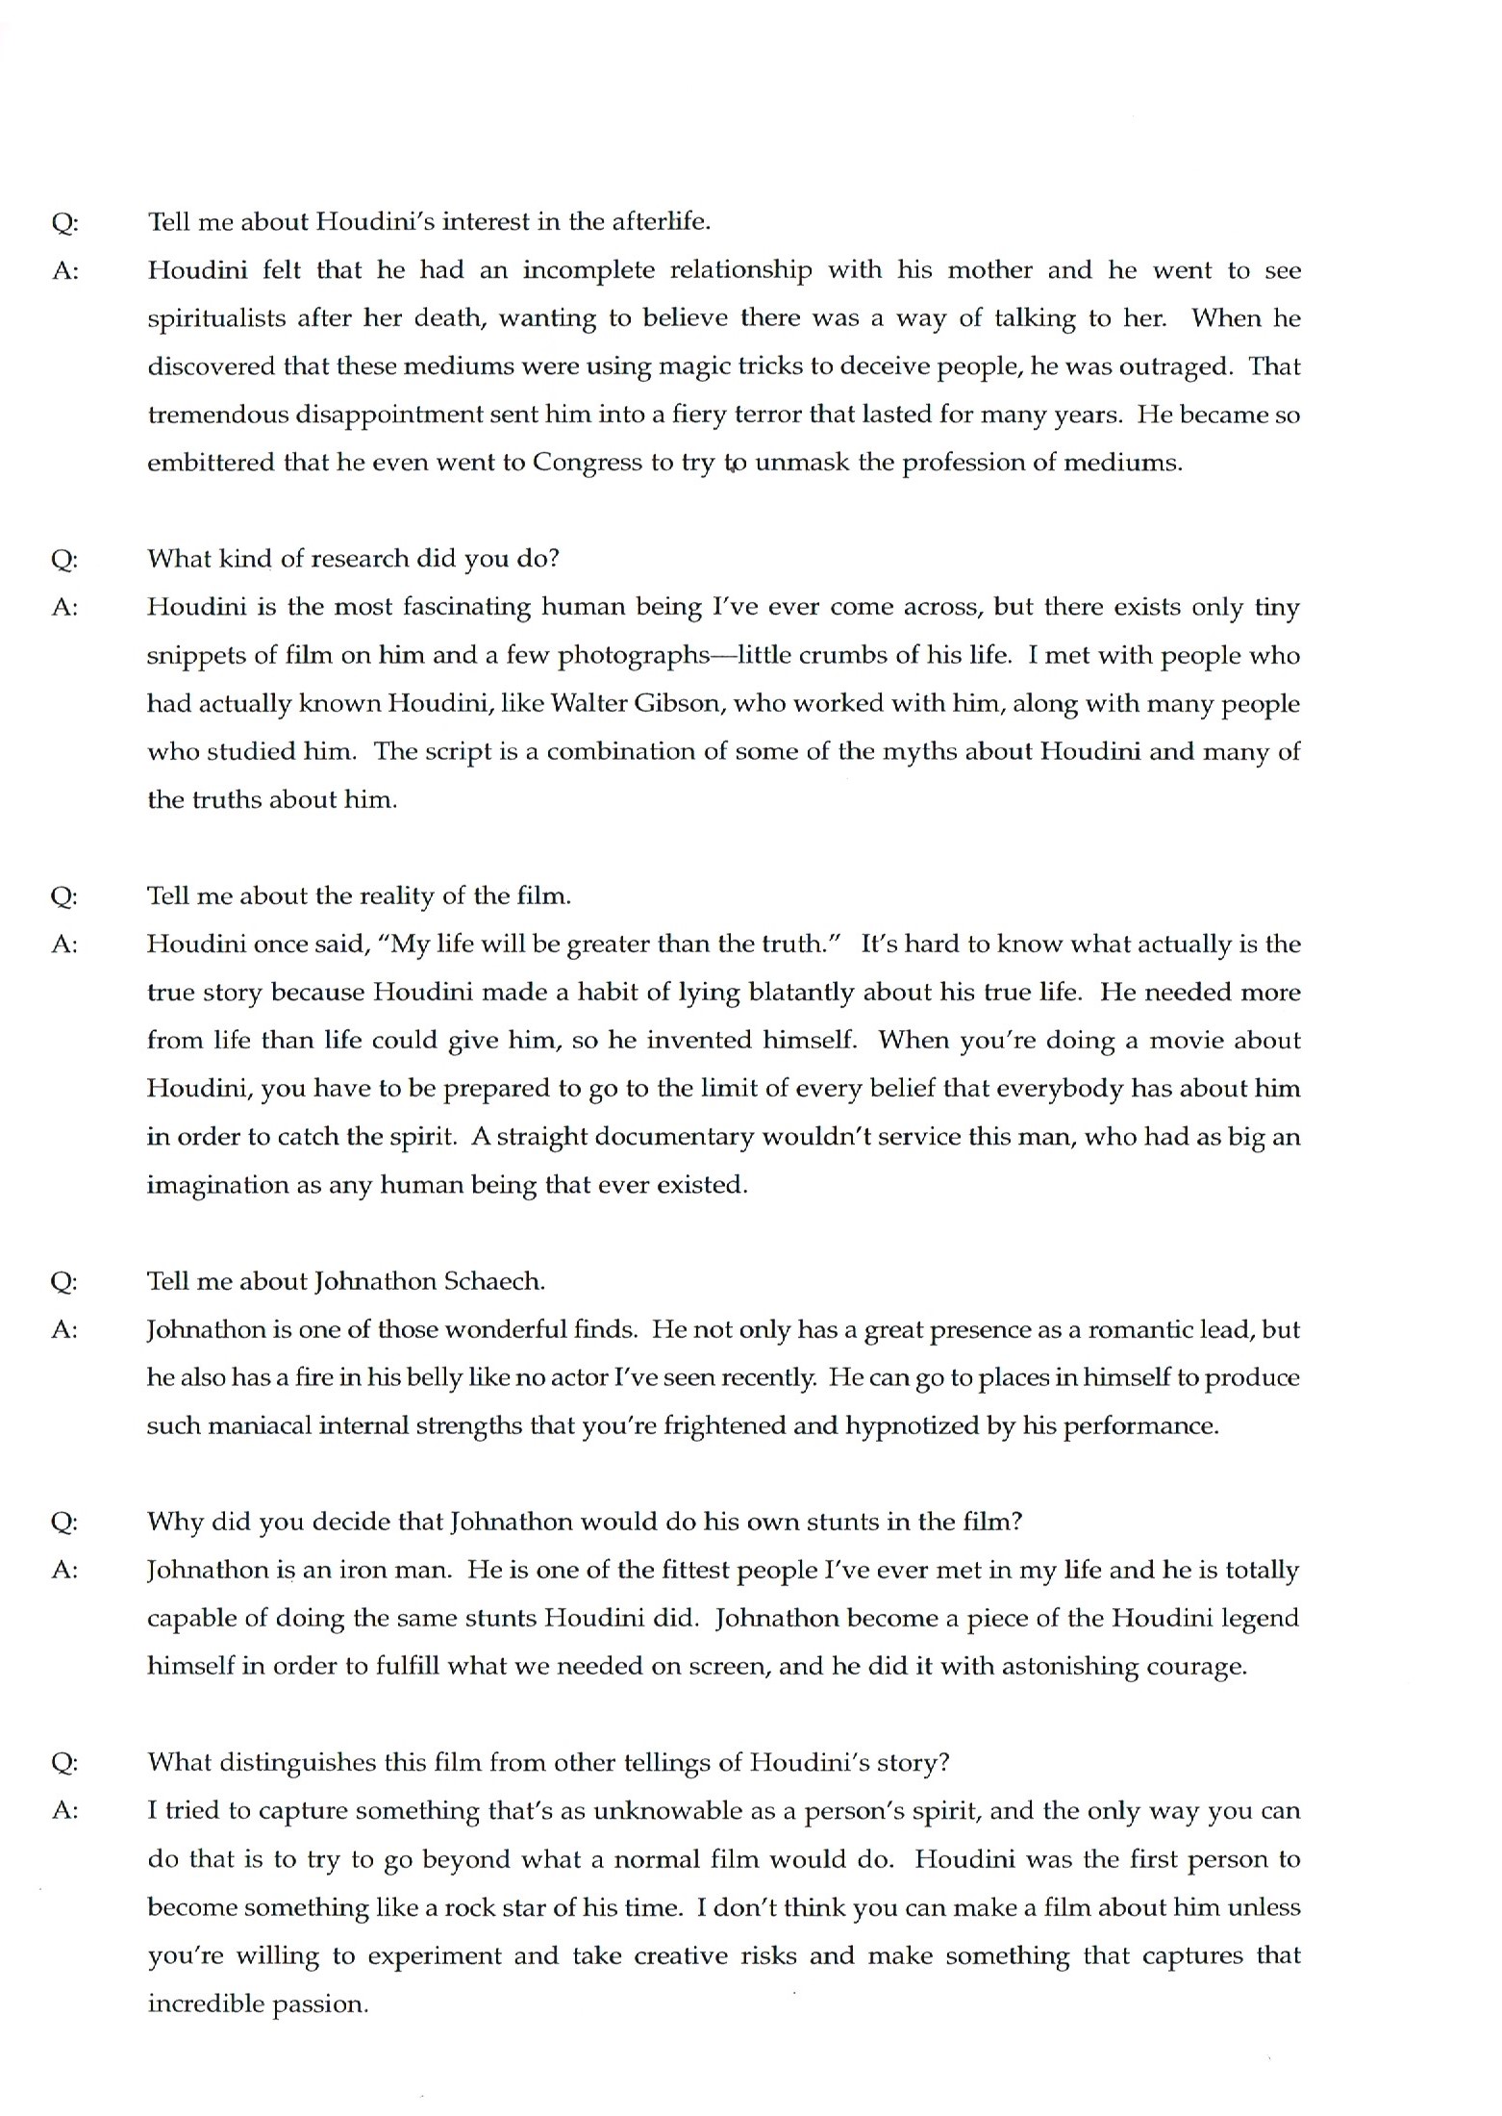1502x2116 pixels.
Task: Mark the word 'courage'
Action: (x=1195, y=1666)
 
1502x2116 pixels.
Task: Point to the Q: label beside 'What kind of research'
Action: (x=64, y=560)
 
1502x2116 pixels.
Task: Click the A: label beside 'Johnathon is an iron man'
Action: (x=64, y=1570)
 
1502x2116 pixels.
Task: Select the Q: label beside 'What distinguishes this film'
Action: (x=64, y=1762)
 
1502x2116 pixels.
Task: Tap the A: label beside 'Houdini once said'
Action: (x=64, y=945)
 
